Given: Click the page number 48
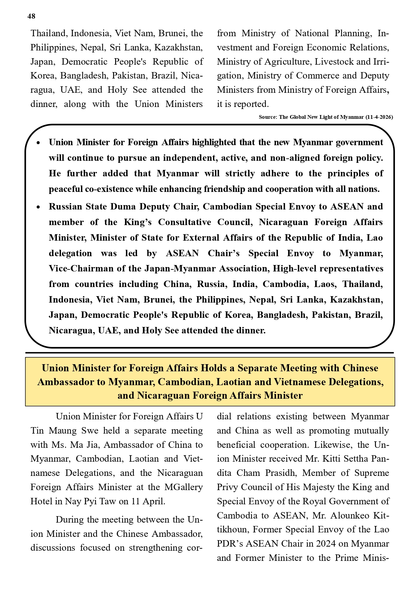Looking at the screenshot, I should (31, 16).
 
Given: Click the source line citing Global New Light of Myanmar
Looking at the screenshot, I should (326, 117).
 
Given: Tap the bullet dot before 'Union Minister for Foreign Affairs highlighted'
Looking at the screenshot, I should (39, 143).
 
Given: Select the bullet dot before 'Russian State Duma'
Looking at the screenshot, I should (39, 207).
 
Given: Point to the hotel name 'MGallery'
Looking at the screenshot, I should (184, 487).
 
